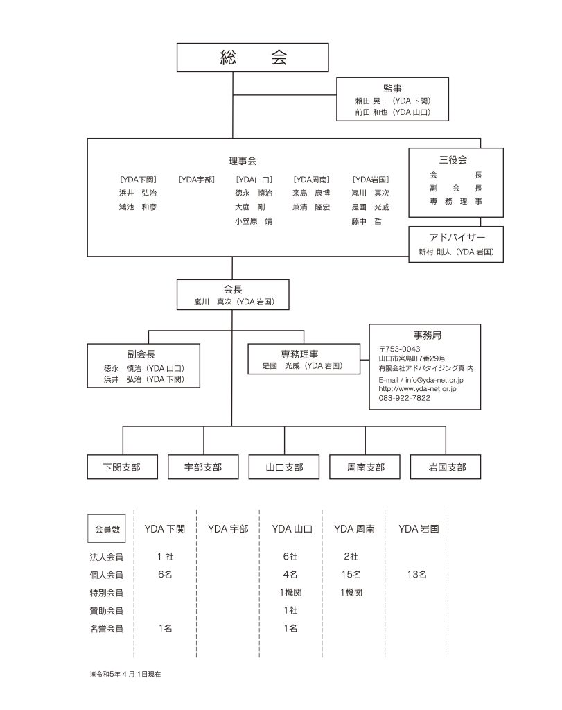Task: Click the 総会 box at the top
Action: point(252,58)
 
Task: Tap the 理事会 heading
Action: point(243,161)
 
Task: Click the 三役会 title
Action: point(455,159)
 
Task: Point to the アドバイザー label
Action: point(456,238)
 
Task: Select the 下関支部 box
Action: point(122,467)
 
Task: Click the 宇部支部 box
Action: point(203,467)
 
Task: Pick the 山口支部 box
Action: point(284,467)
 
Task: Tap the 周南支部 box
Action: point(365,467)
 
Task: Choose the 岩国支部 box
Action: point(447,467)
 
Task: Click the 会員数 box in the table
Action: point(107,529)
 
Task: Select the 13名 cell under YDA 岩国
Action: point(417,574)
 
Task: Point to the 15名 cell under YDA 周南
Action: point(351,574)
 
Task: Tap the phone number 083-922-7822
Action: point(405,398)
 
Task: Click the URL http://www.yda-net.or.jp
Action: point(417,389)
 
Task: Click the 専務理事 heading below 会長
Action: point(304,354)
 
